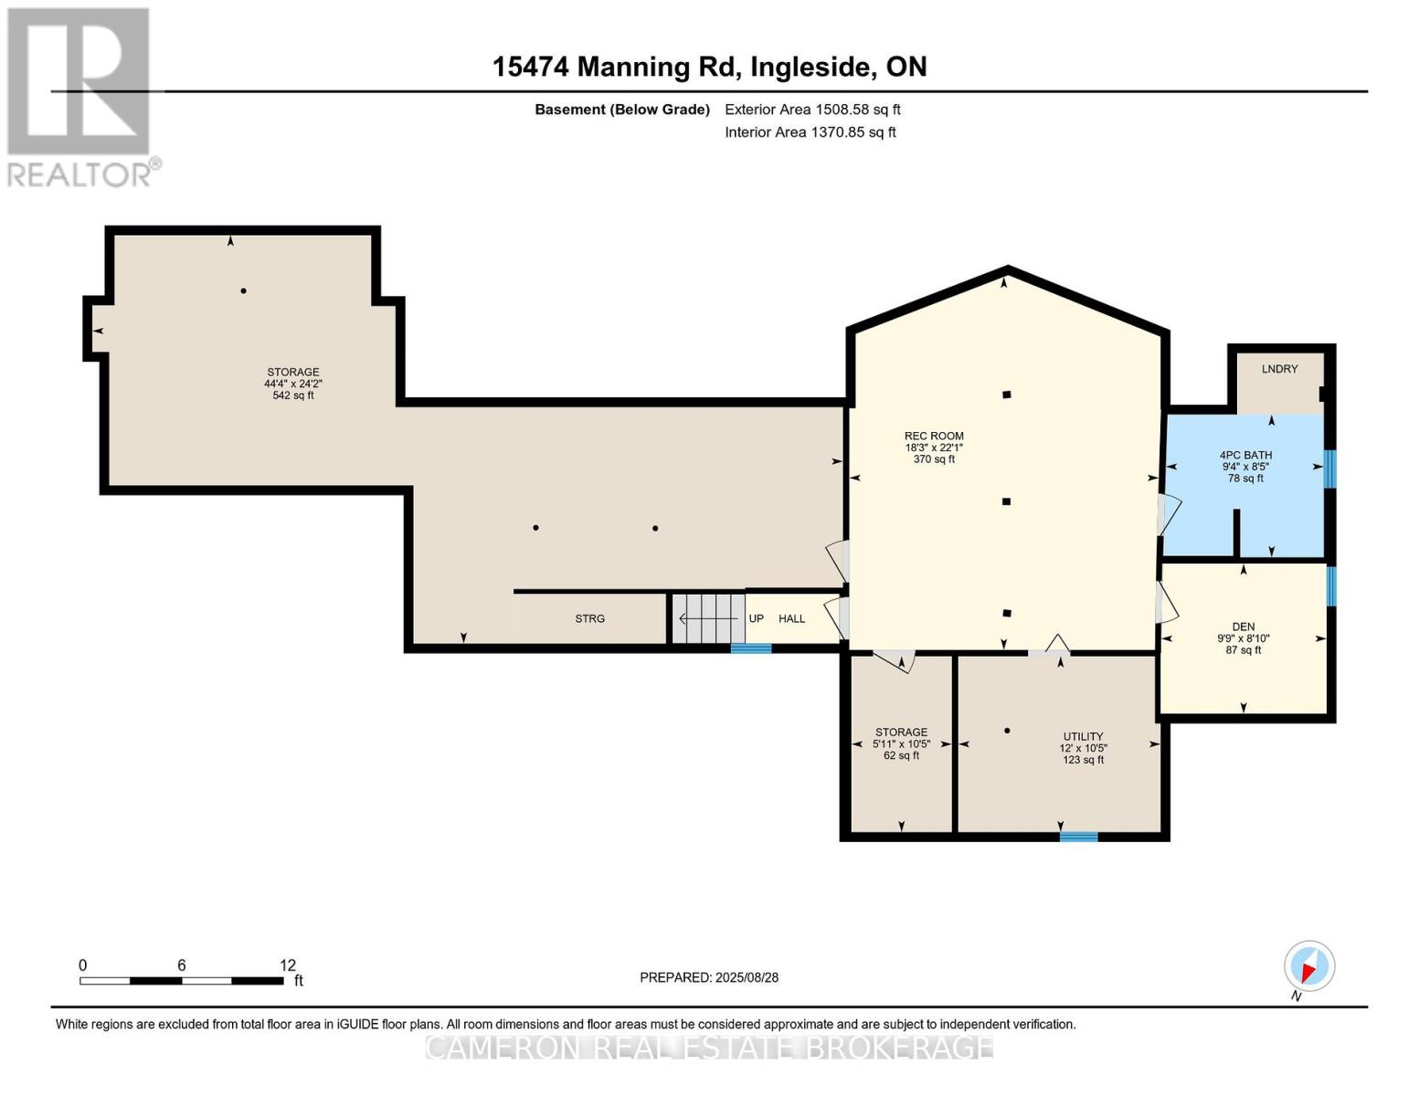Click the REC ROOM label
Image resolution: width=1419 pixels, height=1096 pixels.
[934, 437]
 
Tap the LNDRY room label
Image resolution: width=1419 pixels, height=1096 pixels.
[1279, 369]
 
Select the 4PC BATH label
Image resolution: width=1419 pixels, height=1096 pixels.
[1245, 455]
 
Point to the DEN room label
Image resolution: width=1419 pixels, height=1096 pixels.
[1243, 627]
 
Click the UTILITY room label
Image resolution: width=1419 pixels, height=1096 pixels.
[1083, 736]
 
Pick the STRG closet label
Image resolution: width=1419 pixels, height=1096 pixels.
[589, 619]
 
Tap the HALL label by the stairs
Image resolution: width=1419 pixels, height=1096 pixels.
[791, 619]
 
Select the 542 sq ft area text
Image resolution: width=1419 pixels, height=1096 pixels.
[293, 395]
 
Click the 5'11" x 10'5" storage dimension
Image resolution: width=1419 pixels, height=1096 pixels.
[901, 743]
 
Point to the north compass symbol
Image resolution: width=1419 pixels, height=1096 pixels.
[1308, 966]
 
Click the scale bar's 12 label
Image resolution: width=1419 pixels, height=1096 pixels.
[288, 965]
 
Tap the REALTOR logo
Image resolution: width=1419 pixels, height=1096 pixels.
[80, 97]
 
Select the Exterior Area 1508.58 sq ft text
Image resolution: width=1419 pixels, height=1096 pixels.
[812, 110]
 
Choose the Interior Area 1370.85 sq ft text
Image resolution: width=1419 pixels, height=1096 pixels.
[810, 132]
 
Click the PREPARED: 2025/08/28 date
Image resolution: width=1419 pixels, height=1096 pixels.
[709, 977]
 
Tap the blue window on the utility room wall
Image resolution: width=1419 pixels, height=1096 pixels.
[1078, 836]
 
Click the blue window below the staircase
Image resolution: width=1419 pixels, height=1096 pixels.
[750, 648]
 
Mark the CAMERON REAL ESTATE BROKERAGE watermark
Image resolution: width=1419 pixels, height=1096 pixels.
[709, 1047]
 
